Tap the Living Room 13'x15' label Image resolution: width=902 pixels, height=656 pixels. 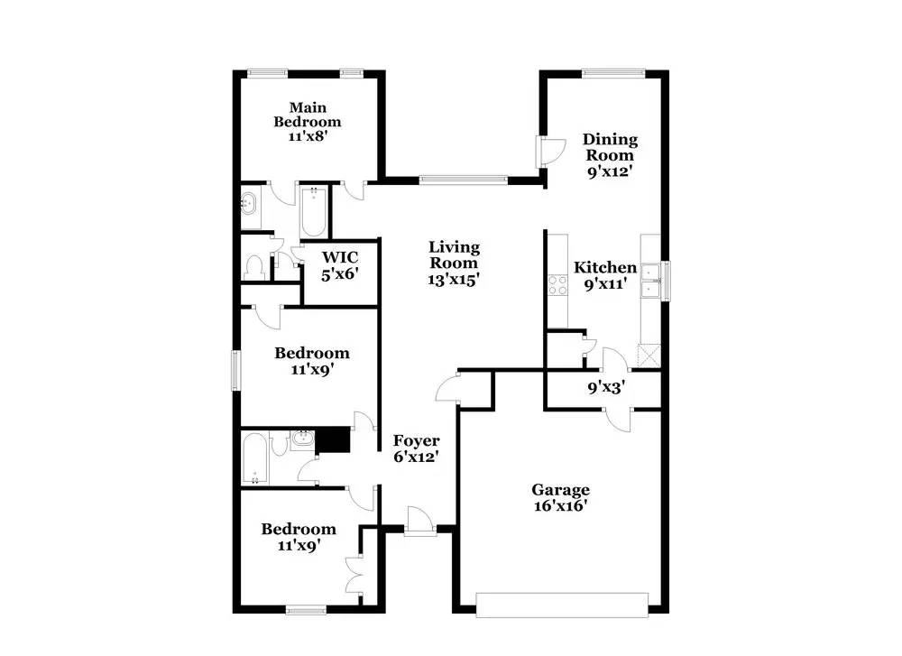pos(454,263)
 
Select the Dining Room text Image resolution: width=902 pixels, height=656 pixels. pos(610,147)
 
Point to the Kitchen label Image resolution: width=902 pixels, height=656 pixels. pos(605,267)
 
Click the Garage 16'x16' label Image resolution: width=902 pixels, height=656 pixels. pos(560,498)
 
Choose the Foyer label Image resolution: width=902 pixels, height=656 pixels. pos(417,440)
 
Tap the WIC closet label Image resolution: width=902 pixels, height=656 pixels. pos(340,257)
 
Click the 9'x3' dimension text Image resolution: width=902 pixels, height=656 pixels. pos(606,387)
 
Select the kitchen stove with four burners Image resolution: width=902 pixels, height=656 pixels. pos(557,285)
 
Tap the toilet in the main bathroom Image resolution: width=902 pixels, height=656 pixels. pos(253,268)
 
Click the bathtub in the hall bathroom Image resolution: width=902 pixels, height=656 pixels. pos(253,459)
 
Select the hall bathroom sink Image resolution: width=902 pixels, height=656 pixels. pos(302,440)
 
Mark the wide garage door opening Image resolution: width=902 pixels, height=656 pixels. pos(562,605)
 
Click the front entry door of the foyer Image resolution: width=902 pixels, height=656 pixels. pos(420,522)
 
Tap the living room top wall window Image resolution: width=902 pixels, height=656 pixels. pos(463,180)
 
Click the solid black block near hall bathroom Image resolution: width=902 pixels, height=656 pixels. pos(333,439)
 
